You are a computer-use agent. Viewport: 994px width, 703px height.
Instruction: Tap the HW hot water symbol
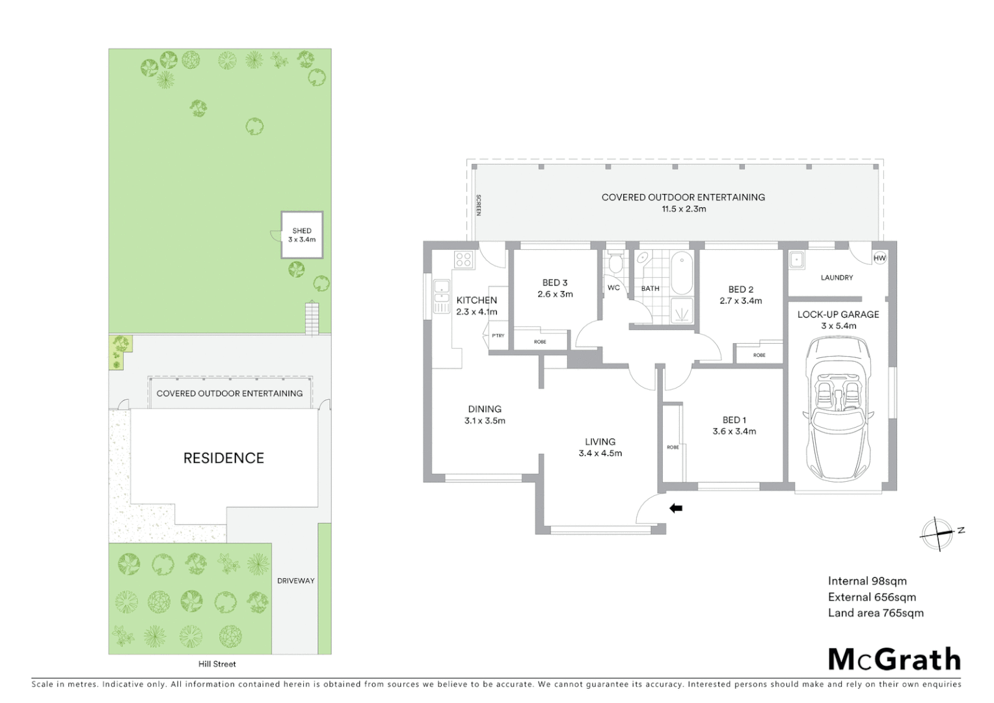(x=880, y=258)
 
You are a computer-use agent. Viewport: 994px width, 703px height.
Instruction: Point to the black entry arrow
(x=676, y=508)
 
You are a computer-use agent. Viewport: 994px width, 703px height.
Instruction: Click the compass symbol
(x=938, y=534)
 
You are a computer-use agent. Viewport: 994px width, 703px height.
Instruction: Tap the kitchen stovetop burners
(x=463, y=260)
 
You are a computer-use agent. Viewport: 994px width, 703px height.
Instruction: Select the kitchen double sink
(x=442, y=296)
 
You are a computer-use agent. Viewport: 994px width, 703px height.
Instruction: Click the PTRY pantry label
(x=498, y=336)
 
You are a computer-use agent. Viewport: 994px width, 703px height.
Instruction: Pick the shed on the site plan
(x=302, y=235)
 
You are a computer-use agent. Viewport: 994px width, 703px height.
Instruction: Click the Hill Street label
(x=217, y=664)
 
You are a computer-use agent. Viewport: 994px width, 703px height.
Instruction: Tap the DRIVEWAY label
(x=295, y=581)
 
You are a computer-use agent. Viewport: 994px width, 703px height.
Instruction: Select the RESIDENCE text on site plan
(x=224, y=458)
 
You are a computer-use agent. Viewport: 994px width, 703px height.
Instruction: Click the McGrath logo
(x=894, y=659)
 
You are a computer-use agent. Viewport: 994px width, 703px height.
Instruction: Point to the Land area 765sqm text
(x=876, y=613)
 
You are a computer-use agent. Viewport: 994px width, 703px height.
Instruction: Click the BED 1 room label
(x=734, y=420)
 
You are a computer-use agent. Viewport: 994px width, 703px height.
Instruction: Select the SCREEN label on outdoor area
(x=479, y=205)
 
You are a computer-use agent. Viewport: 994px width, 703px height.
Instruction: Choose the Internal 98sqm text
(x=867, y=581)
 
